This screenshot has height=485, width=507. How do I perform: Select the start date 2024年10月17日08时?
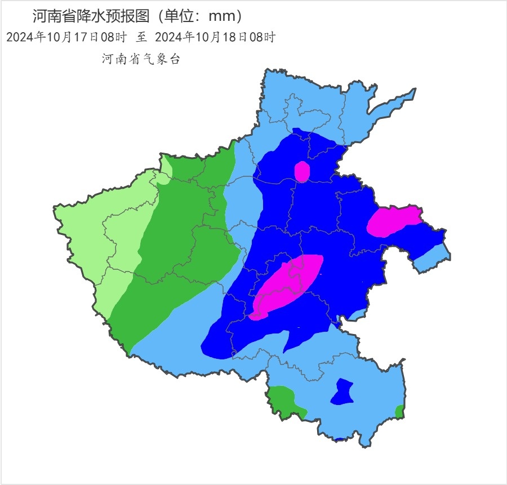[x=66, y=38]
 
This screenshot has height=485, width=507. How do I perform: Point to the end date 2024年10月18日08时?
[x=215, y=38]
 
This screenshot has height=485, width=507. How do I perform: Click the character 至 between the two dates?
[x=141, y=38]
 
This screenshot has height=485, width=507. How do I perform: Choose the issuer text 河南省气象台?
[x=141, y=59]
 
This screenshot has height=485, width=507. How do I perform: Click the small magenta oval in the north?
[x=302, y=171]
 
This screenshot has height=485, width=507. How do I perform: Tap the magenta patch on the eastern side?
[x=393, y=221]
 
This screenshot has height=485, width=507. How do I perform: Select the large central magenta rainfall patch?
[x=288, y=286]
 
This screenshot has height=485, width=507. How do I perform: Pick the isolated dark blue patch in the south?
[x=341, y=392]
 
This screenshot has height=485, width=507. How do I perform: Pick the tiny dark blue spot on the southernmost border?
[x=340, y=438]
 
